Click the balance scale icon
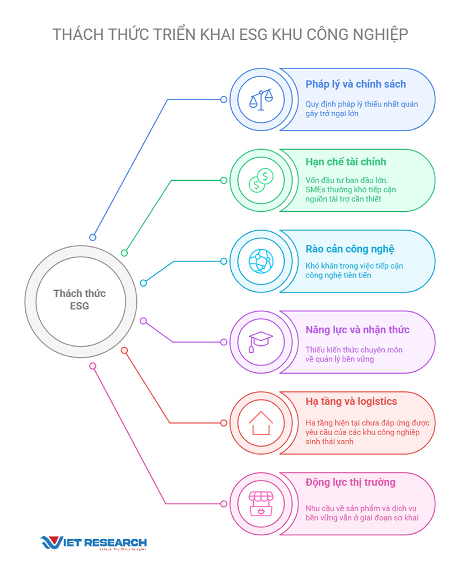click(261, 100)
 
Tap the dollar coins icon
click(261, 180)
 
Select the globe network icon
click(261, 261)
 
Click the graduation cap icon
click(260, 341)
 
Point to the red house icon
click(261, 423)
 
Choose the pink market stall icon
click(261, 504)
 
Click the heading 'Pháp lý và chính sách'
click(355, 85)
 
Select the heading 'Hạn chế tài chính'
click(346, 162)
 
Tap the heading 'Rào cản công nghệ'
click(350, 249)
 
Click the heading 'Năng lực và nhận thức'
click(358, 330)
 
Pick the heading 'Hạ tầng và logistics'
click(351, 402)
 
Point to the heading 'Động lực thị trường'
click(350, 483)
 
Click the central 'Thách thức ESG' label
click(80, 299)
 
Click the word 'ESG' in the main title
click(254, 35)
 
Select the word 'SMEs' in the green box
click(316, 190)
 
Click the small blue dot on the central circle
click(93, 238)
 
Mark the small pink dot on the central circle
click(93, 366)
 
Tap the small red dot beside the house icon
click(224, 423)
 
